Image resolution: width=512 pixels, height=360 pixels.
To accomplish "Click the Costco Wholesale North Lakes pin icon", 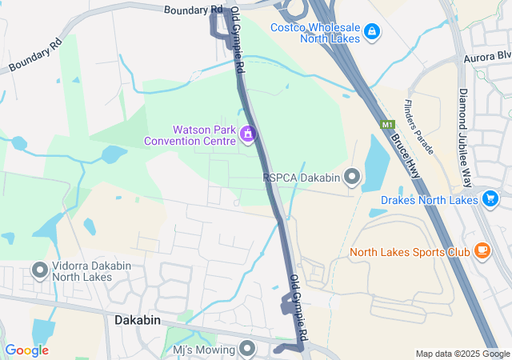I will (371, 31).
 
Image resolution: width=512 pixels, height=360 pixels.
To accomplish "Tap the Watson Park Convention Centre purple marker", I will (248, 134).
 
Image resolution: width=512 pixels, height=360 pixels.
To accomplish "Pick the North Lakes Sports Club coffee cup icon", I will (482, 251).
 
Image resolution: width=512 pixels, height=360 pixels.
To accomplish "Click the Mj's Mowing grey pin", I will (247, 348).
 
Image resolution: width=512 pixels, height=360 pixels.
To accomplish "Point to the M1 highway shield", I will (388, 125).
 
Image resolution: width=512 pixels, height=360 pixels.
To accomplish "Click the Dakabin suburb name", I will (133, 319).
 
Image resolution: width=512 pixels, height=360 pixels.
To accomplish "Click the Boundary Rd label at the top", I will (193, 10).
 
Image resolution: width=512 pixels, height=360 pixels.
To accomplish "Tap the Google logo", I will (26, 350).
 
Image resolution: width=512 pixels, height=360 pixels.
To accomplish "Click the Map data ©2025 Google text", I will (462, 354).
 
